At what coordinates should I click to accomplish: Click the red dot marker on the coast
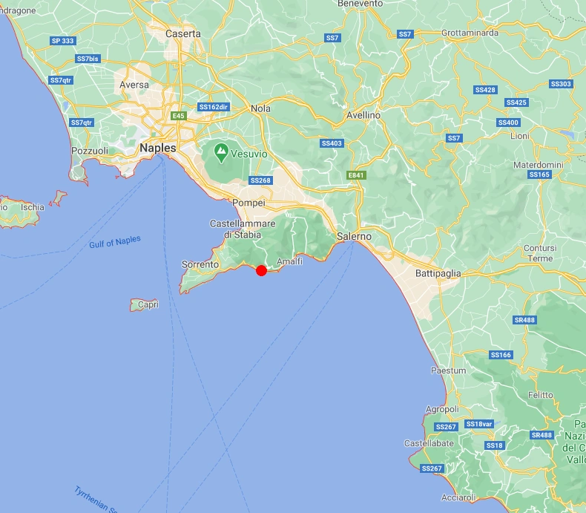261,271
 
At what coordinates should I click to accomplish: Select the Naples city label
158,148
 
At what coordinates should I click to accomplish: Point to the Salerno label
354,236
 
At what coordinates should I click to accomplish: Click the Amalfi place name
289,262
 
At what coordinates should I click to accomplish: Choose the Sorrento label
200,264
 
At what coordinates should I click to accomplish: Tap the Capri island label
148,304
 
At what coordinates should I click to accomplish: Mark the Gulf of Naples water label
115,243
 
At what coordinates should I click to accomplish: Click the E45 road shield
178,116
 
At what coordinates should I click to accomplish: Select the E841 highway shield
357,175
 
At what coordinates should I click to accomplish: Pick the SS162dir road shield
214,107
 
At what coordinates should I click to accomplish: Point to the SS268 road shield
260,180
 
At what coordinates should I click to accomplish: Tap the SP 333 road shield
62,41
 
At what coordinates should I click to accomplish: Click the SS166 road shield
501,355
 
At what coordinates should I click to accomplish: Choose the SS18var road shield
478,424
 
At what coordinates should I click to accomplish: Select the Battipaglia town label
438,273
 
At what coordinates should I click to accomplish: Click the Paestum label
449,370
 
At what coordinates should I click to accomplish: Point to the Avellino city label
363,116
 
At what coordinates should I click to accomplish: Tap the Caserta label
183,33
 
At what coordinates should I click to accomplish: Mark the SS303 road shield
561,84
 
